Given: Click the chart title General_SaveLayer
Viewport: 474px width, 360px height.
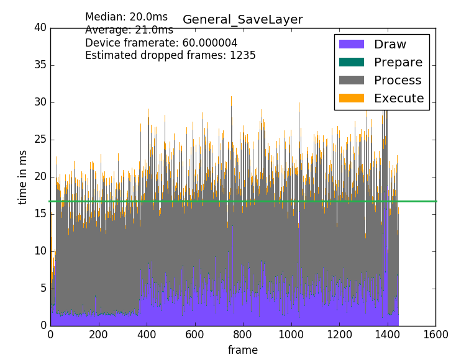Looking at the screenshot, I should click(242, 20).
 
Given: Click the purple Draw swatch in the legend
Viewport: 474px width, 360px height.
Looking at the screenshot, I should click(351, 45).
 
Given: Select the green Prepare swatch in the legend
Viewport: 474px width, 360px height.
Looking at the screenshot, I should click(351, 63).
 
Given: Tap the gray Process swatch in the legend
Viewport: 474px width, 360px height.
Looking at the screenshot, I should click(351, 81).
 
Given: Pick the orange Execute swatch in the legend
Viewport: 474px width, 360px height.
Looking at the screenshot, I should click(351, 99).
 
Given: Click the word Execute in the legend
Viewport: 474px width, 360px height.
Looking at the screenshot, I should click(398, 99).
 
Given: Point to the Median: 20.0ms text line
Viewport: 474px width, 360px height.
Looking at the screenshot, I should click(126, 17).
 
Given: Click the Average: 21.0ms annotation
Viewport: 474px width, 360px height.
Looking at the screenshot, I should click(129, 30).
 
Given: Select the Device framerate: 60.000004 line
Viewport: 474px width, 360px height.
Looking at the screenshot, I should click(161, 43).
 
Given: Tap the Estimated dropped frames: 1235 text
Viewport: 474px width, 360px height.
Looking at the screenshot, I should click(170, 55).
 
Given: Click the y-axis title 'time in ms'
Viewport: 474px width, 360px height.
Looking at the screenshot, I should click(23, 177).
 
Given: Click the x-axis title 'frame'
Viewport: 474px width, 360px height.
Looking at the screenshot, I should click(242, 350).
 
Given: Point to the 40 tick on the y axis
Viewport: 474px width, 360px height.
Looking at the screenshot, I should click(40, 27).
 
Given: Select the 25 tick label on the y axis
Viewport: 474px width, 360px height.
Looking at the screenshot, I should click(40, 140).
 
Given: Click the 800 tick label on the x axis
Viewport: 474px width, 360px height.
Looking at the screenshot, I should click(243, 333).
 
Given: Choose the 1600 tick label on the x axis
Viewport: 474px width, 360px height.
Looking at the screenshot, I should click(435, 333).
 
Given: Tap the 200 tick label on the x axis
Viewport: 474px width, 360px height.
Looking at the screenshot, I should click(99, 333).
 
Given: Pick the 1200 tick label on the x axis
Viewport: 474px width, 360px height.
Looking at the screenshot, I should click(339, 333).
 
